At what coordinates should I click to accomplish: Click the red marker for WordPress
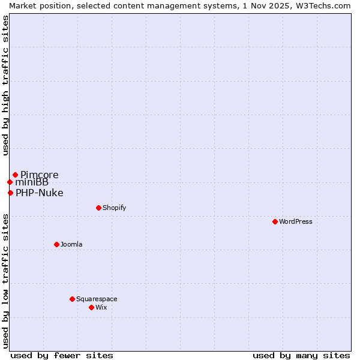(275, 221)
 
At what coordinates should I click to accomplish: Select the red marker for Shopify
(98, 208)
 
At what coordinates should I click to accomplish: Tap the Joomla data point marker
(56, 244)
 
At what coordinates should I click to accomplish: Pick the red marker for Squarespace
(72, 299)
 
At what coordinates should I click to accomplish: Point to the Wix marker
(91, 307)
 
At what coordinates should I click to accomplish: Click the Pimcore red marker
(15, 175)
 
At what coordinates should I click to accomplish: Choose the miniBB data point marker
(10, 182)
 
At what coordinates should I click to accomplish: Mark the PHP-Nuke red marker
(10, 193)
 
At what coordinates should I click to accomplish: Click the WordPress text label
(296, 221)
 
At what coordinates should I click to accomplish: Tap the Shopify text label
(115, 208)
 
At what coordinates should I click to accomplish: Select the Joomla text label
(71, 244)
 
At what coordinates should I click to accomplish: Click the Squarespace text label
(97, 299)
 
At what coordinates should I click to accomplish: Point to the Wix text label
(101, 307)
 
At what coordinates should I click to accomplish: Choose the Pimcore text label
(40, 175)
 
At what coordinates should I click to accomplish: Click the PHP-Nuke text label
(40, 193)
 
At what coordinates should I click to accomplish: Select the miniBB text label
(32, 182)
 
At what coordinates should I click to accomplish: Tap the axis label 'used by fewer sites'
(62, 355)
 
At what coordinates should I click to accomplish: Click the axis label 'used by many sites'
(301, 355)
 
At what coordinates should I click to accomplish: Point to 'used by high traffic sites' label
(6, 86)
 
